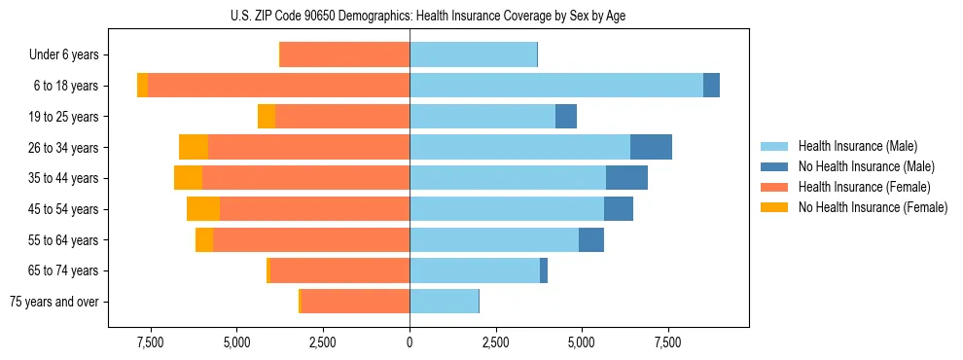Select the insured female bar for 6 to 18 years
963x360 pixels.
[x=278, y=86]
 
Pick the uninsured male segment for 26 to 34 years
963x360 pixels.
[x=651, y=147]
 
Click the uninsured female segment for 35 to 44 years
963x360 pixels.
[x=188, y=178]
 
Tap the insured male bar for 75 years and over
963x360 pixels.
[x=444, y=302]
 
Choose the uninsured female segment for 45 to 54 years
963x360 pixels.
[x=203, y=209]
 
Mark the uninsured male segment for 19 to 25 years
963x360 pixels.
[x=565, y=117]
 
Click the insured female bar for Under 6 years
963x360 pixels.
[x=344, y=55]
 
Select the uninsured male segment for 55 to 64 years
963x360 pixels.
[x=591, y=240]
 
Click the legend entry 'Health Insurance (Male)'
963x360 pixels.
[x=856, y=146]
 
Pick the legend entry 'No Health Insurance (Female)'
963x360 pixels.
[x=873, y=207]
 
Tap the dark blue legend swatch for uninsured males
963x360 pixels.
[x=774, y=166]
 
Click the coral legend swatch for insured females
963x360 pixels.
[x=774, y=187]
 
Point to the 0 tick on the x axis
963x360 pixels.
[x=410, y=342]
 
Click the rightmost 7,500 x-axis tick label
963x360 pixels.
[x=667, y=342]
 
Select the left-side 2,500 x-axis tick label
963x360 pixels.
[x=322, y=342]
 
